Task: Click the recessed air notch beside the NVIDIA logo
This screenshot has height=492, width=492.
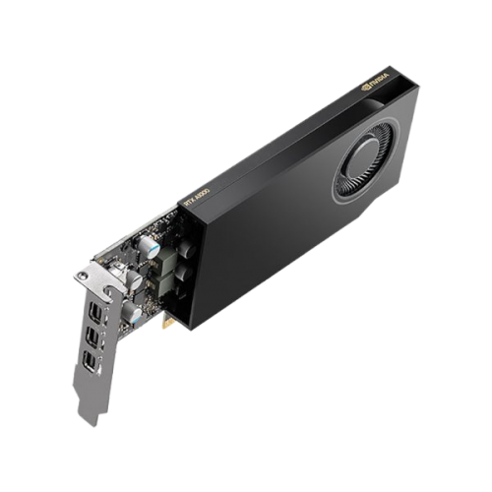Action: click(388, 93)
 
